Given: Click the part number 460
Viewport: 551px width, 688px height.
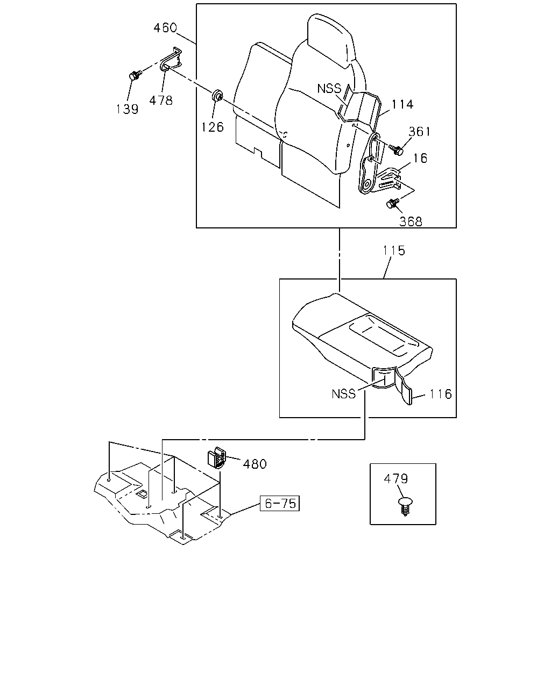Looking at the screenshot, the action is (x=165, y=28).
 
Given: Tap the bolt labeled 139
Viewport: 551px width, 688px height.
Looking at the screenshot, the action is (x=135, y=75).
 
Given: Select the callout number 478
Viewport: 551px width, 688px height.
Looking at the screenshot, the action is (x=161, y=101).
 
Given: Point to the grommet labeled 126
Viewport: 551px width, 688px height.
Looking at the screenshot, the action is (x=217, y=95).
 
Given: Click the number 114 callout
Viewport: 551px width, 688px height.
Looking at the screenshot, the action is (x=402, y=104).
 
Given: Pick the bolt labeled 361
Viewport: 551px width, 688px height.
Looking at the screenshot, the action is (x=397, y=149).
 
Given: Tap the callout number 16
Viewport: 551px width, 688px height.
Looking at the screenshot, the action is (x=420, y=158).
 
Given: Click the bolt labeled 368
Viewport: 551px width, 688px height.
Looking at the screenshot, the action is (x=392, y=203).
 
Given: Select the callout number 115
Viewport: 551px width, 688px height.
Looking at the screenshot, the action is (x=394, y=250).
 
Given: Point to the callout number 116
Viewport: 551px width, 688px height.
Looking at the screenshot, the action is (x=441, y=394).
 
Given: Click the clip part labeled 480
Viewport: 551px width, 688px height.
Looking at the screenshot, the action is (x=216, y=457).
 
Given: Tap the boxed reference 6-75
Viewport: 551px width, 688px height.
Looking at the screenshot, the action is (x=279, y=503).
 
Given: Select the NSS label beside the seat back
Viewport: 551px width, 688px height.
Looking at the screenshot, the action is (x=329, y=89).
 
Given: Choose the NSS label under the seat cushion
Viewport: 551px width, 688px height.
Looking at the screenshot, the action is (x=343, y=394).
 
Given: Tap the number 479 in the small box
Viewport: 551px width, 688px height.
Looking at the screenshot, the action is (x=395, y=478).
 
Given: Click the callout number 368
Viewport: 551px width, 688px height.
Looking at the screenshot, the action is (x=411, y=221).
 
